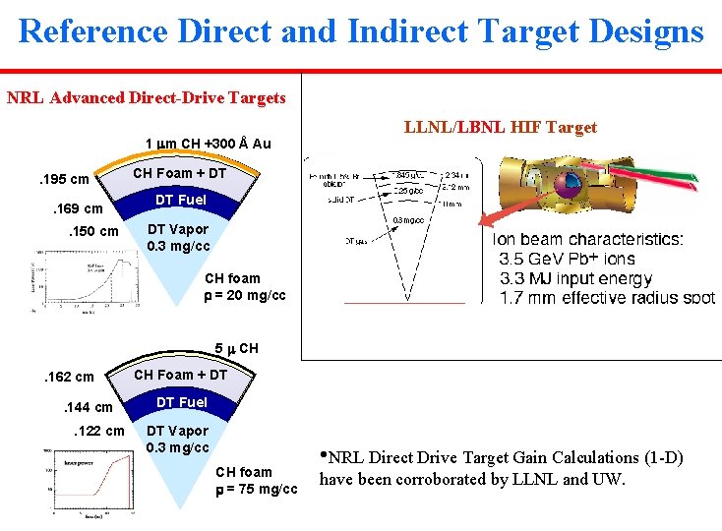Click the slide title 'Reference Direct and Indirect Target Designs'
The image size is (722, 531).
(361, 31)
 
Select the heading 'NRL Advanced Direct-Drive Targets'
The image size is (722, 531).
(147, 97)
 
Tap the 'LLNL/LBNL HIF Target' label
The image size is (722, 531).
(501, 127)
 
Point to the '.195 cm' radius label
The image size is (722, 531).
(63, 179)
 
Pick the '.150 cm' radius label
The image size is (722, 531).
(93, 231)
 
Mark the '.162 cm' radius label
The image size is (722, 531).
(69, 376)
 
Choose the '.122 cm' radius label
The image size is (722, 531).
(100, 431)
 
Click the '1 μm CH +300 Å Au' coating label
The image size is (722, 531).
(208, 144)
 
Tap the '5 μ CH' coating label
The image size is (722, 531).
(236, 348)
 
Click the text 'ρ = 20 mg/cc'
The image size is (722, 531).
(245, 295)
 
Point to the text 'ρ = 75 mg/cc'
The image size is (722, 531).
(256, 490)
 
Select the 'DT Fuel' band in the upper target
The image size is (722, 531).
(180, 201)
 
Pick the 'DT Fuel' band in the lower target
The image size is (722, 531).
(182, 401)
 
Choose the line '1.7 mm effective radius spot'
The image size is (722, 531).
(607, 297)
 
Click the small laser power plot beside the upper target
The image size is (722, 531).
(72, 278)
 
